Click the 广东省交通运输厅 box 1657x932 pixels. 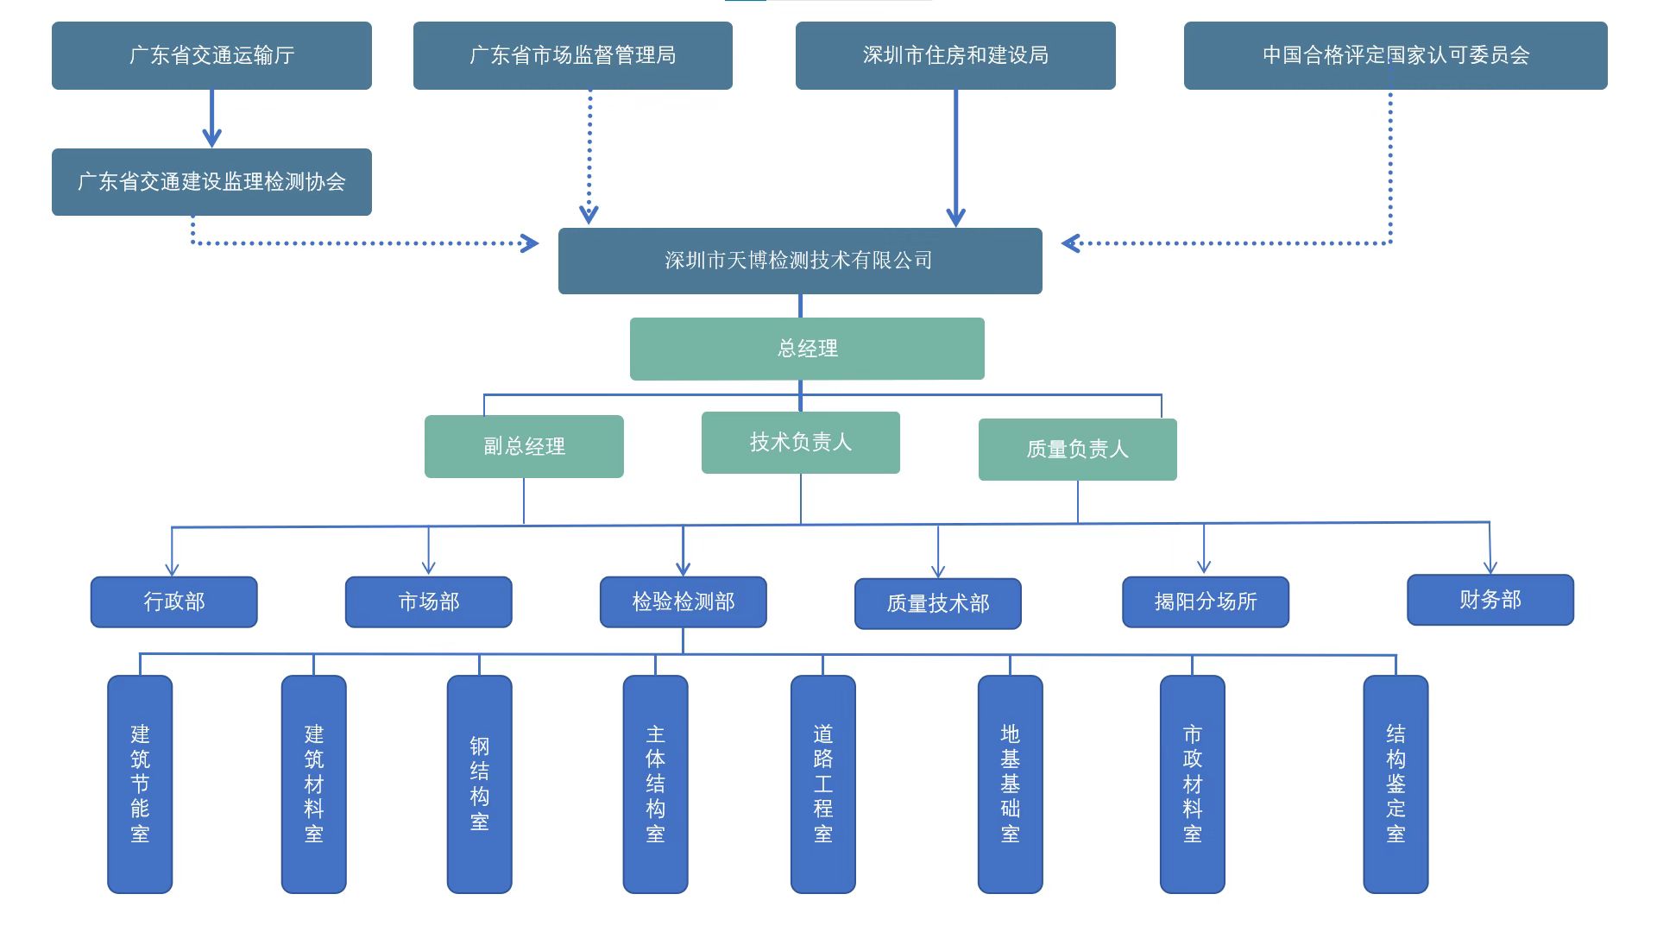(211, 55)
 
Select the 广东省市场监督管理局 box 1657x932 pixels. (572, 55)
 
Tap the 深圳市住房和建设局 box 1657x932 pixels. (955, 55)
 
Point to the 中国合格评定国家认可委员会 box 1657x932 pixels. (1396, 55)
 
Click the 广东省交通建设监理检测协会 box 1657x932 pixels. (211, 182)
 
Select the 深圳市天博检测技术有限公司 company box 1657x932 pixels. (800, 261)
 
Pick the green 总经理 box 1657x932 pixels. (807, 349)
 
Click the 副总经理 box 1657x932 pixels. (524, 446)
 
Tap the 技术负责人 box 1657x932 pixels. (801, 443)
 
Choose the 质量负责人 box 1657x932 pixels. (1077, 450)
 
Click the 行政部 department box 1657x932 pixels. (173, 601)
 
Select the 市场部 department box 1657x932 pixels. (428, 601)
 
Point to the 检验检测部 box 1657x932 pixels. (683, 601)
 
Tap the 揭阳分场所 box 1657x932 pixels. (1205, 601)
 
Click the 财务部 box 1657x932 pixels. (1490, 600)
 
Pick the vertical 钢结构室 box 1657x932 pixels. (479, 784)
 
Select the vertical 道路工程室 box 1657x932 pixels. (822, 784)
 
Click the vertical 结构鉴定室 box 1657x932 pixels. (1396, 784)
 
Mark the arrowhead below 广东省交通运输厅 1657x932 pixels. (211, 137)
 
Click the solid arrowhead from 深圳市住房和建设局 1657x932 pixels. (955, 216)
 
